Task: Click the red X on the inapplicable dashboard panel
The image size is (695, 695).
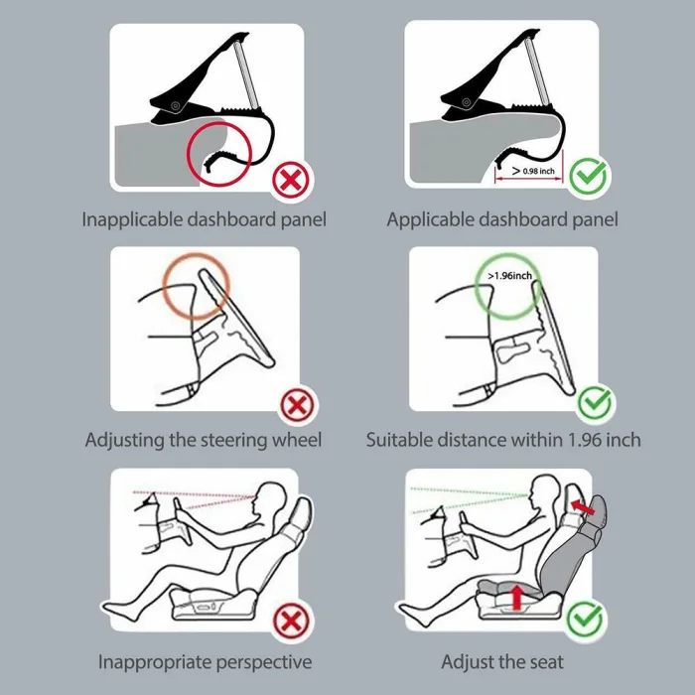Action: pos(290,181)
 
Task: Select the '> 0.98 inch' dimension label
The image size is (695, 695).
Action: pos(533,171)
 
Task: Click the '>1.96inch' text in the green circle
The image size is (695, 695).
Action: pos(509,276)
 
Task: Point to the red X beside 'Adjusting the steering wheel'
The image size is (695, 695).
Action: pos(297,405)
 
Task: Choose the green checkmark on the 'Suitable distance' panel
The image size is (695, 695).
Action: pos(595,403)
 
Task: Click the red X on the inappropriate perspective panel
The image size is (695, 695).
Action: pos(291,622)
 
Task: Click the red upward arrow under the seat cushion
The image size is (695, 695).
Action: pos(517,597)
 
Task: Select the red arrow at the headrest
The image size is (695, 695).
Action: pos(583,507)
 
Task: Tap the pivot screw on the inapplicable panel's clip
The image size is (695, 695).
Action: pos(176,105)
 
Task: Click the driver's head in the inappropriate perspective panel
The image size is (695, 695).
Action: pos(269,500)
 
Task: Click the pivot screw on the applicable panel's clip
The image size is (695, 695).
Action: pos(467,103)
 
